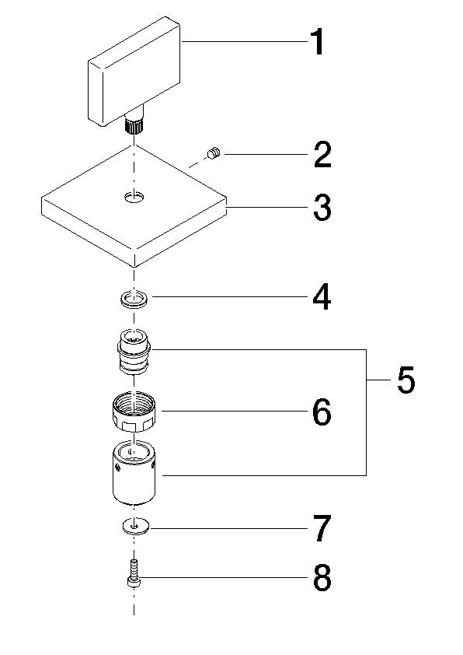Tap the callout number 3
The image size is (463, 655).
[x=322, y=208]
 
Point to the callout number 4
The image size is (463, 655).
[x=322, y=296]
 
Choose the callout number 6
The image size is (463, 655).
[x=322, y=412]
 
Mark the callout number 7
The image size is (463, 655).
[x=322, y=529]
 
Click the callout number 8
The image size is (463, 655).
[x=322, y=578]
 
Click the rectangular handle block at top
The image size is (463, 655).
[x=134, y=69]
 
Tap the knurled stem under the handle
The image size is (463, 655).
[x=136, y=123]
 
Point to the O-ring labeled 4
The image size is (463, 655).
[x=137, y=297]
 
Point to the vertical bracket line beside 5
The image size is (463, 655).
[x=366, y=412]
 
